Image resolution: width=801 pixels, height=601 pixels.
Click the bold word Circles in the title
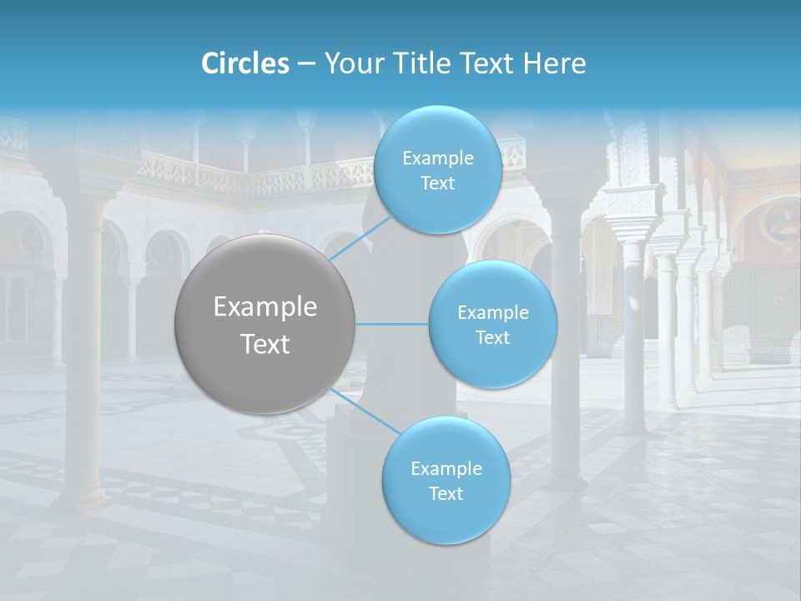pyautogui.click(x=244, y=63)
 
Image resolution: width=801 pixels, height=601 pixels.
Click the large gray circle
pyautogui.click(x=265, y=324)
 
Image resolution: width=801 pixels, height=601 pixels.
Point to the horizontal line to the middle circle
pyautogui.click(x=392, y=324)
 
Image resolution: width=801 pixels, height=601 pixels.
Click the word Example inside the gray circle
pyautogui.click(x=265, y=306)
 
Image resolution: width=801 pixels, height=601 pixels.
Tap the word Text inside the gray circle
pyautogui.click(x=265, y=343)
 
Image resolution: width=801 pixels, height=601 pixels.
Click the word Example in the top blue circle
pyautogui.click(x=438, y=158)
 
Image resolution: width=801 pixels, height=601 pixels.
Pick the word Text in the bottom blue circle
pyautogui.click(x=446, y=493)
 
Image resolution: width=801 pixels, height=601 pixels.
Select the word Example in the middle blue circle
pyautogui.click(x=493, y=312)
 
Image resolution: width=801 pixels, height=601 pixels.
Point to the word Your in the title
pyautogui.click(x=350, y=63)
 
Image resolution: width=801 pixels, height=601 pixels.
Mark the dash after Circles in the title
pyautogui.click(x=305, y=64)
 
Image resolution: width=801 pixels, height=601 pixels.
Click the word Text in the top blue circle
pyautogui.click(x=437, y=183)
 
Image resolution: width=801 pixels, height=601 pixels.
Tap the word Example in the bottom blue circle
pyautogui.click(x=446, y=468)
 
